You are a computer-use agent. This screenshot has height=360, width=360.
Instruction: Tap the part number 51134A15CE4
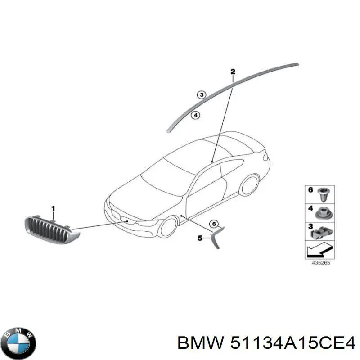click(293, 343)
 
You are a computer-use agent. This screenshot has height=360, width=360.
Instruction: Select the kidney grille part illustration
click(52, 230)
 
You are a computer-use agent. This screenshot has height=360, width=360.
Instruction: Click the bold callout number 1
click(53, 209)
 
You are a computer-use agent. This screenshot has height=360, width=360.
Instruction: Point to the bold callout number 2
click(233, 72)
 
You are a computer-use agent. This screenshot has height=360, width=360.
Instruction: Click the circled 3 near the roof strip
click(202, 95)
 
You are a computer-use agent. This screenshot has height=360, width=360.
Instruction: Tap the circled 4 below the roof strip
click(196, 115)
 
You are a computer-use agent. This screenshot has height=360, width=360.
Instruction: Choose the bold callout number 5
click(200, 238)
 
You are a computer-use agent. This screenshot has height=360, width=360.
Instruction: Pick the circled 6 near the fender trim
click(214, 224)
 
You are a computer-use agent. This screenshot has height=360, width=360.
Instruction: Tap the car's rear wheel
click(250, 185)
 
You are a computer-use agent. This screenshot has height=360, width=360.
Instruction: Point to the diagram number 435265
click(321, 263)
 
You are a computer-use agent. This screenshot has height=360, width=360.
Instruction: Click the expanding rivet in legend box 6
click(323, 194)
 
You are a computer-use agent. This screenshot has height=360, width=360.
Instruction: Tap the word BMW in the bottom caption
click(200, 343)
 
